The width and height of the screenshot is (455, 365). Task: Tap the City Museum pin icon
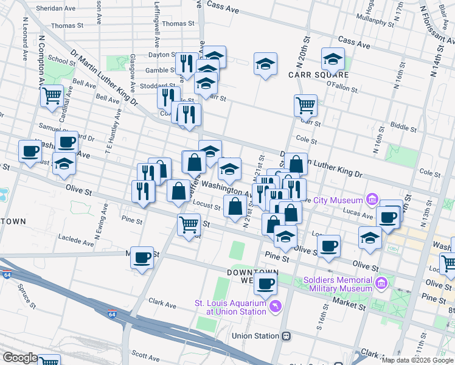pos(372,200)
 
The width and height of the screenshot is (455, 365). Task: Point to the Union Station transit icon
pos(286,336)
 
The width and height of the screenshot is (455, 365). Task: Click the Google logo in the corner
pos(20,358)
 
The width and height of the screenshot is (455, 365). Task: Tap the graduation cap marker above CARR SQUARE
pos(333,60)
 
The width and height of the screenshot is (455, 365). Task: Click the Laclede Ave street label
pos(77,238)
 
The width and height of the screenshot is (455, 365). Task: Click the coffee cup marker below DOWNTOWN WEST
pos(265,283)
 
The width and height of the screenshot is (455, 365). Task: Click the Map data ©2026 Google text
pos(417,360)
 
